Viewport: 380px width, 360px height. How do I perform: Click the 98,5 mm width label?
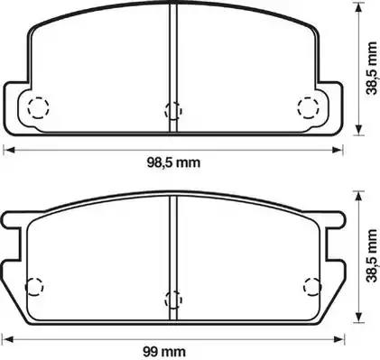[173, 163]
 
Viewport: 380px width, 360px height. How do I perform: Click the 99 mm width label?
[164, 351]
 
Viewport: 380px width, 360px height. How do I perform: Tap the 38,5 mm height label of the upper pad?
[372, 69]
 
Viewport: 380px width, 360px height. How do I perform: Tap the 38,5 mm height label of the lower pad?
[372, 255]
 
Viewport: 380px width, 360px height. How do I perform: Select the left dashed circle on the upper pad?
[38, 107]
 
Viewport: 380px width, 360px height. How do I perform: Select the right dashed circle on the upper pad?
[309, 107]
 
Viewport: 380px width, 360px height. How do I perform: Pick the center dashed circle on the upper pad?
[173, 110]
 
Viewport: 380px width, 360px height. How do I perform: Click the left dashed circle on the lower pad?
[34, 287]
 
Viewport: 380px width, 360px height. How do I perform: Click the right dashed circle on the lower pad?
[312, 286]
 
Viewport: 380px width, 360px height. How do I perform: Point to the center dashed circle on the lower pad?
[173, 300]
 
